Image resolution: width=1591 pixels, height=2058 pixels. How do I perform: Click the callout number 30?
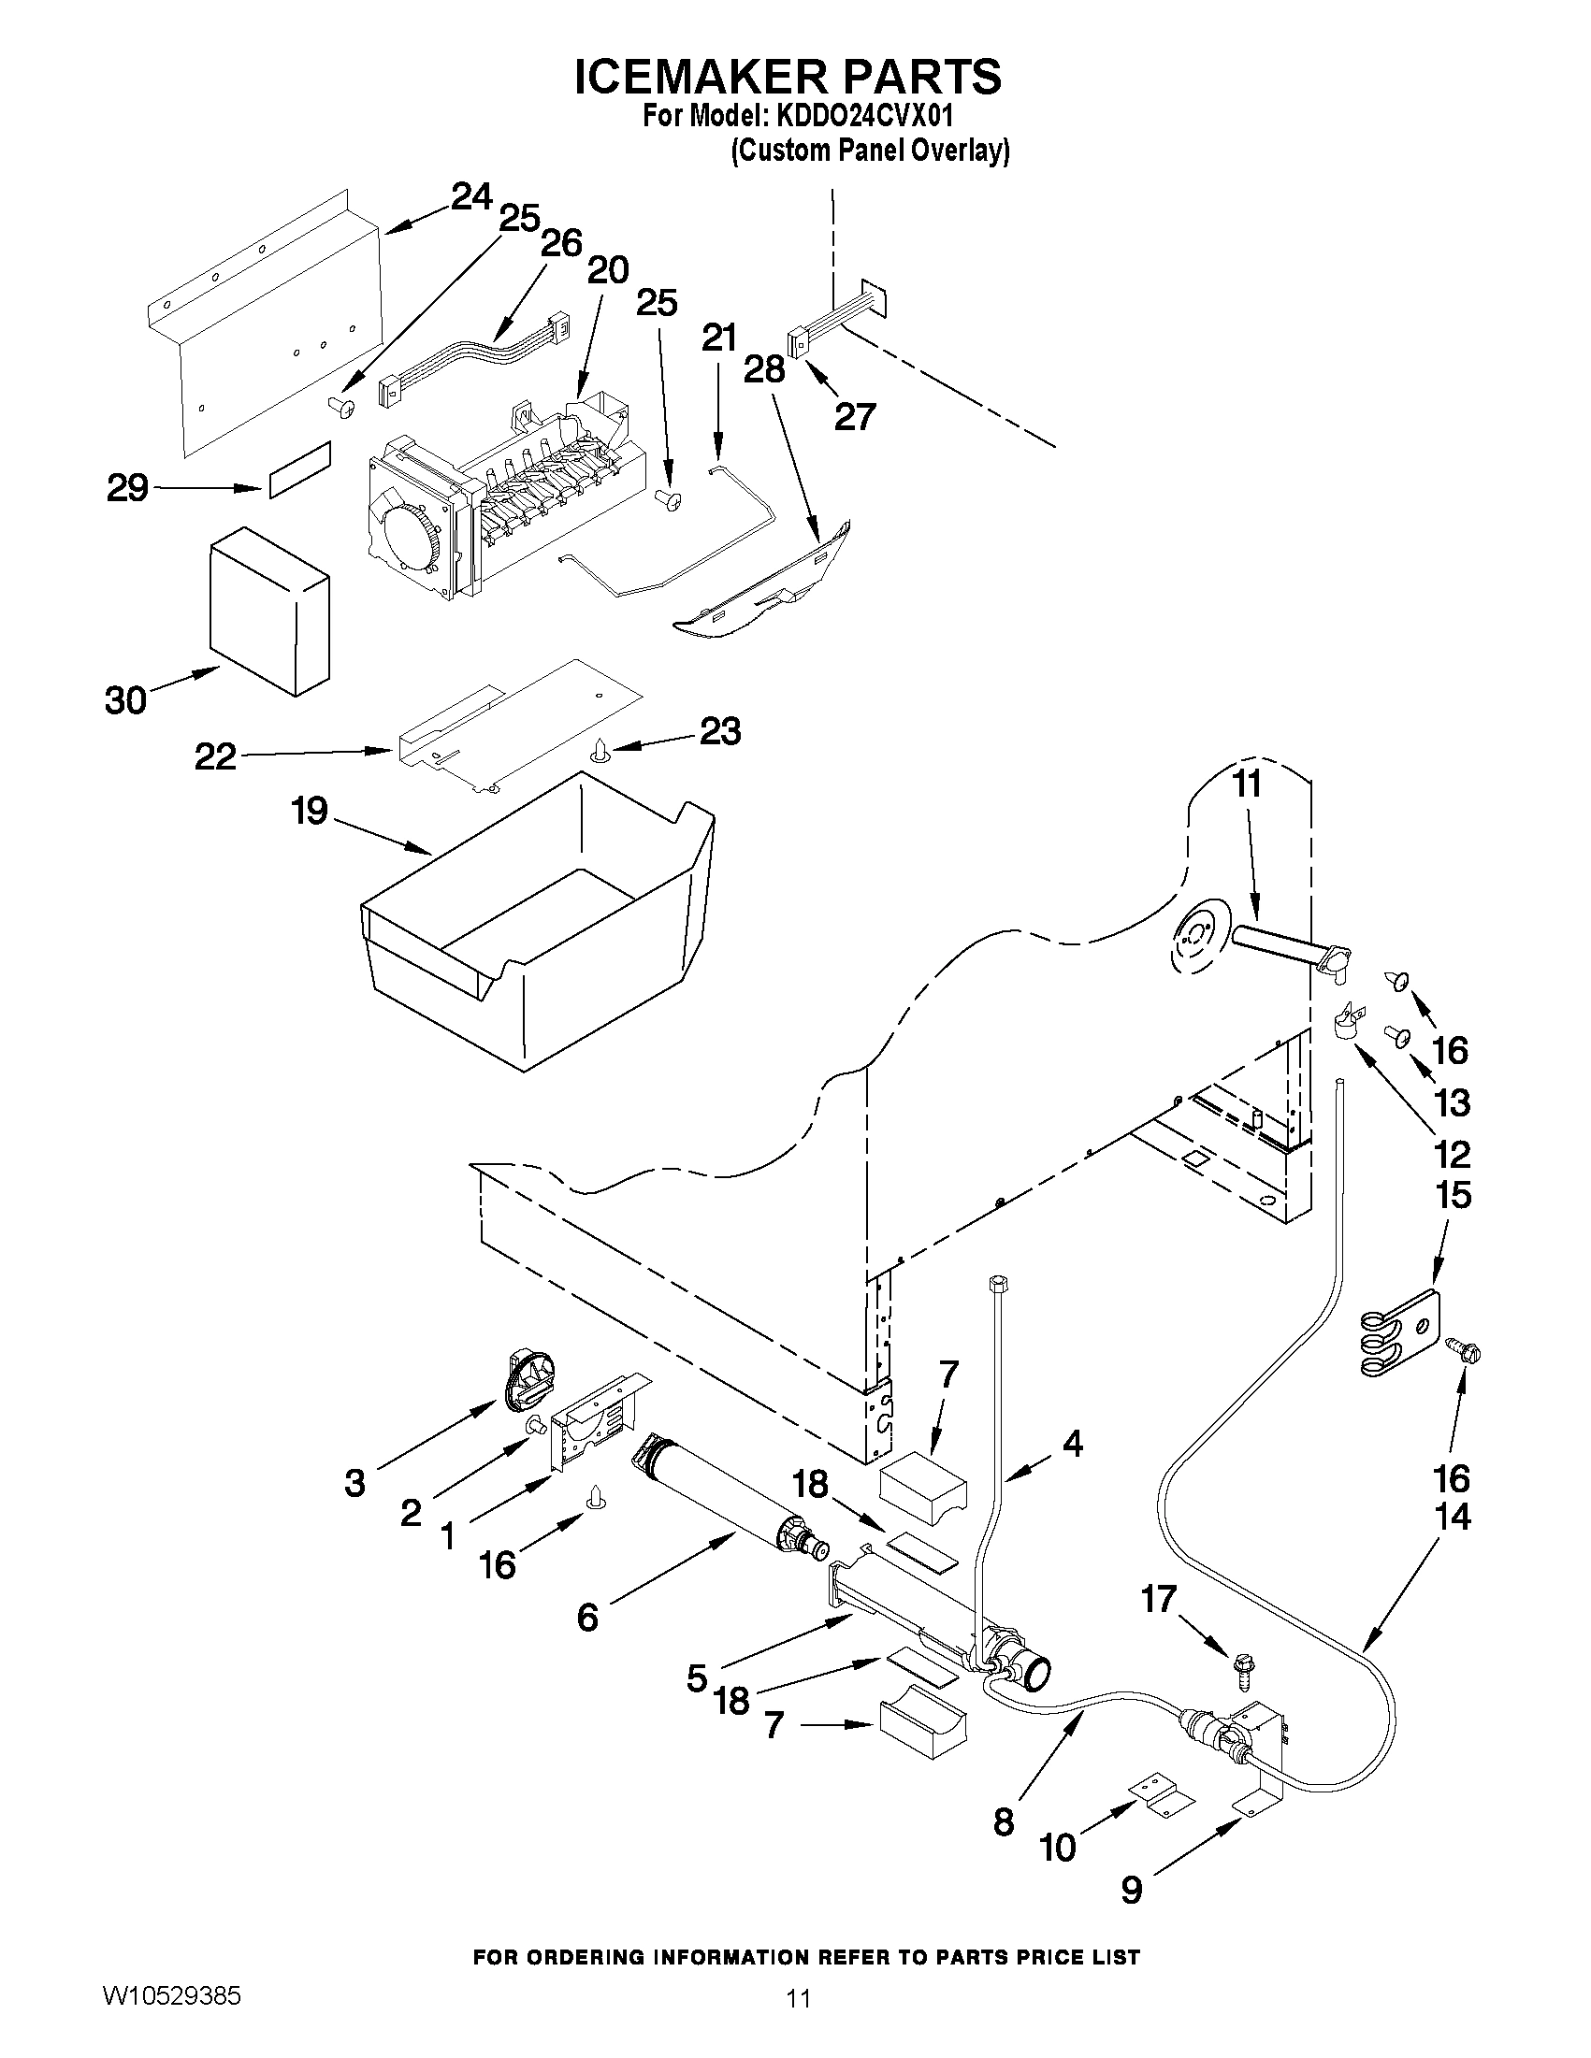[x=125, y=700]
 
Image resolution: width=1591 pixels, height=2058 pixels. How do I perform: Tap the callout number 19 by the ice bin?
[x=310, y=811]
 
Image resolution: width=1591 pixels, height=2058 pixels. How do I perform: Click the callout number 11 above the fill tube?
[x=1247, y=784]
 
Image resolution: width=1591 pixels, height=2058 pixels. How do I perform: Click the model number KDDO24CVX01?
[x=863, y=117]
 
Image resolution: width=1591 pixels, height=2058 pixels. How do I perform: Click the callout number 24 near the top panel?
[x=471, y=197]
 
